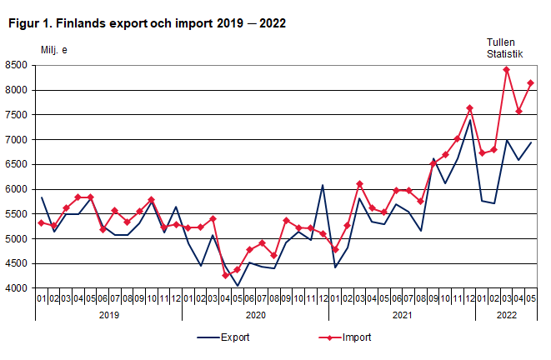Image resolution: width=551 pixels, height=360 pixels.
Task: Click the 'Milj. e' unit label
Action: tap(55, 49)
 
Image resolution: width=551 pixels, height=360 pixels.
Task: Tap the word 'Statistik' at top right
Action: tap(505, 54)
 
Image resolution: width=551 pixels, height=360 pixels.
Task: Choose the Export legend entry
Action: tap(220, 337)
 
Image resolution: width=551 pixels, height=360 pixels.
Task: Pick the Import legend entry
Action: tap(338, 337)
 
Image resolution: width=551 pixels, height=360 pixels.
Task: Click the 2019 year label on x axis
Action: tap(108, 315)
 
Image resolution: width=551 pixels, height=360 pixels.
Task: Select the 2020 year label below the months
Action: tap(255, 315)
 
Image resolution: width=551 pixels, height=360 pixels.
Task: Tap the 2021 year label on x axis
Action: tap(402, 315)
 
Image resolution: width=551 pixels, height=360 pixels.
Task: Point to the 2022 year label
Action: tap(506, 315)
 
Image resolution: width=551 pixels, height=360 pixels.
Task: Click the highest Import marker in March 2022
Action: tap(506, 69)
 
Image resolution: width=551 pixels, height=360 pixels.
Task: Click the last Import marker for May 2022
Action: tap(531, 83)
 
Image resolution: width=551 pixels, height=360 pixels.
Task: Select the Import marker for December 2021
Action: tap(469, 108)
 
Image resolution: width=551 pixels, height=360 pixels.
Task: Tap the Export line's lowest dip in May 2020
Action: tap(237, 286)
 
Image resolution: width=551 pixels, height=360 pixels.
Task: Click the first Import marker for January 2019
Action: tap(41, 222)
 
